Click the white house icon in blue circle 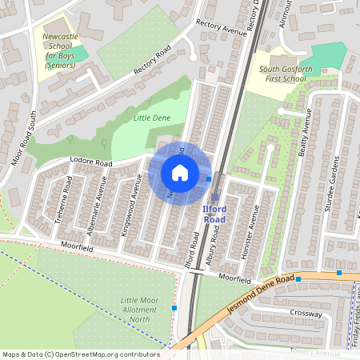coord(180,173)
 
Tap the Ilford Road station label coord(214,214)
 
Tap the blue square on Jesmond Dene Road coord(339,273)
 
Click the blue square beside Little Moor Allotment coord(174,307)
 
